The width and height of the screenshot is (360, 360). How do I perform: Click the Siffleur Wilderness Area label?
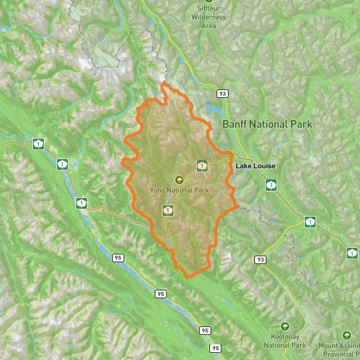208,17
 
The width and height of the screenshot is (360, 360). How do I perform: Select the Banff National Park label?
267,125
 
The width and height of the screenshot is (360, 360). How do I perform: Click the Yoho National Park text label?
179,190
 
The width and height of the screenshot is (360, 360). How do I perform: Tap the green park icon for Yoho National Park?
179,179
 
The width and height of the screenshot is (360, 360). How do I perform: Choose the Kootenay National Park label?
285,341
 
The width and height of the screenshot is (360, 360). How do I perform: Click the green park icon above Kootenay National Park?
285,327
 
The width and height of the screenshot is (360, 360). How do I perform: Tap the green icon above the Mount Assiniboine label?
346,335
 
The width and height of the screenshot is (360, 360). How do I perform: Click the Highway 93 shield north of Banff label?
223,94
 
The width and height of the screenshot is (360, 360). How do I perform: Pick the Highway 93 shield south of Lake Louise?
260,259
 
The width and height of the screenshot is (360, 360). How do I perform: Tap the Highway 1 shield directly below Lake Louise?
271,185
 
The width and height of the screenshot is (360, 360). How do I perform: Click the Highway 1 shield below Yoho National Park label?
169,210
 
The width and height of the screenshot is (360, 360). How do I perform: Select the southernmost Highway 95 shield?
215,348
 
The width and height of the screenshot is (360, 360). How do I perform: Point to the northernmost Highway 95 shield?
118,257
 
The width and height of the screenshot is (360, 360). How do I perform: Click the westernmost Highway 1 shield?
38,143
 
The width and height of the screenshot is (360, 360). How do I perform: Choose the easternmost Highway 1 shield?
352,253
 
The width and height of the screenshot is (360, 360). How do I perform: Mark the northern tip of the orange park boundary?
163,85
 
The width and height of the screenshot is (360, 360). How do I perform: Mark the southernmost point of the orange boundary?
188,277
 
